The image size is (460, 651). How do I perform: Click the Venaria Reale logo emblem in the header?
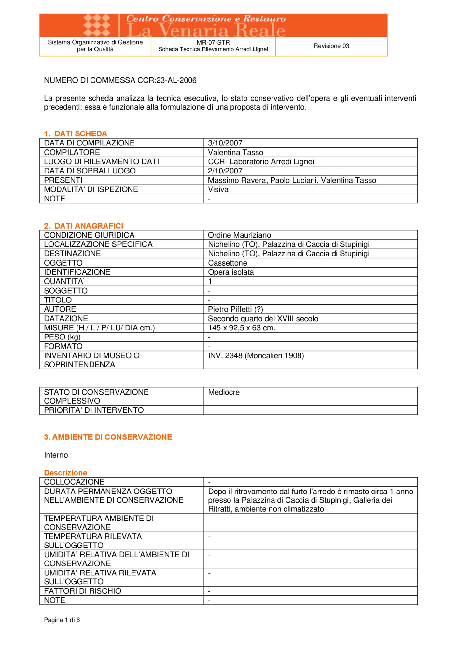point(97,25)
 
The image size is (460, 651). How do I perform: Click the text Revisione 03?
point(331,46)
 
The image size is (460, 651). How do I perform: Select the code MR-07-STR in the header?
point(213,42)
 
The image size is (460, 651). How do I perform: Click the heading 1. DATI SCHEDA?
point(76,133)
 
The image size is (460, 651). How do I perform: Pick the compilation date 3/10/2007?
point(225,143)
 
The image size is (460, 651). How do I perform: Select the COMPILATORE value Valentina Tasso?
point(236,152)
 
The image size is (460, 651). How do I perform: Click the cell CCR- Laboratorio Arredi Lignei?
point(261,161)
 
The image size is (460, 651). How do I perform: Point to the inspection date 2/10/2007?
point(225,171)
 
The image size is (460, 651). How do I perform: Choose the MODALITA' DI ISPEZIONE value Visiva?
point(218,189)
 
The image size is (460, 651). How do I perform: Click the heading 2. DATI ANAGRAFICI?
point(84,226)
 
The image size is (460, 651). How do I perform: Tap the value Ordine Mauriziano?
point(239,235)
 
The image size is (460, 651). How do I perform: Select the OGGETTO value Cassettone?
point(228,263)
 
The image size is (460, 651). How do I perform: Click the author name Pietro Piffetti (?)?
point(235,309)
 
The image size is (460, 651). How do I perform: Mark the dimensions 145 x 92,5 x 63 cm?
point(242,328)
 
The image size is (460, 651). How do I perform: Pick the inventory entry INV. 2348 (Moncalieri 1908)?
point(256,355)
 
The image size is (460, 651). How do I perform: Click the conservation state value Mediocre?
point(224,392)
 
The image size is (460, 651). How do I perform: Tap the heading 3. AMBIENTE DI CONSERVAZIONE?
point(108,437)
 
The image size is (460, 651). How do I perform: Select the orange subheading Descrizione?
point(66,472)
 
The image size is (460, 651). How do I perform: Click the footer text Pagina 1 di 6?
point(62,620)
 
